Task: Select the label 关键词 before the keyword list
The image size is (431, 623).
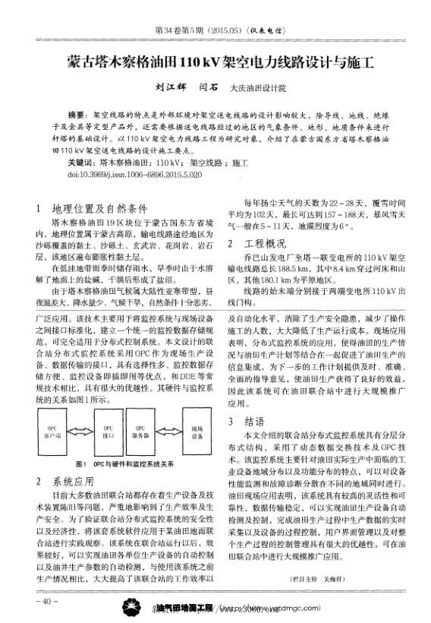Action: point(81,163)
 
